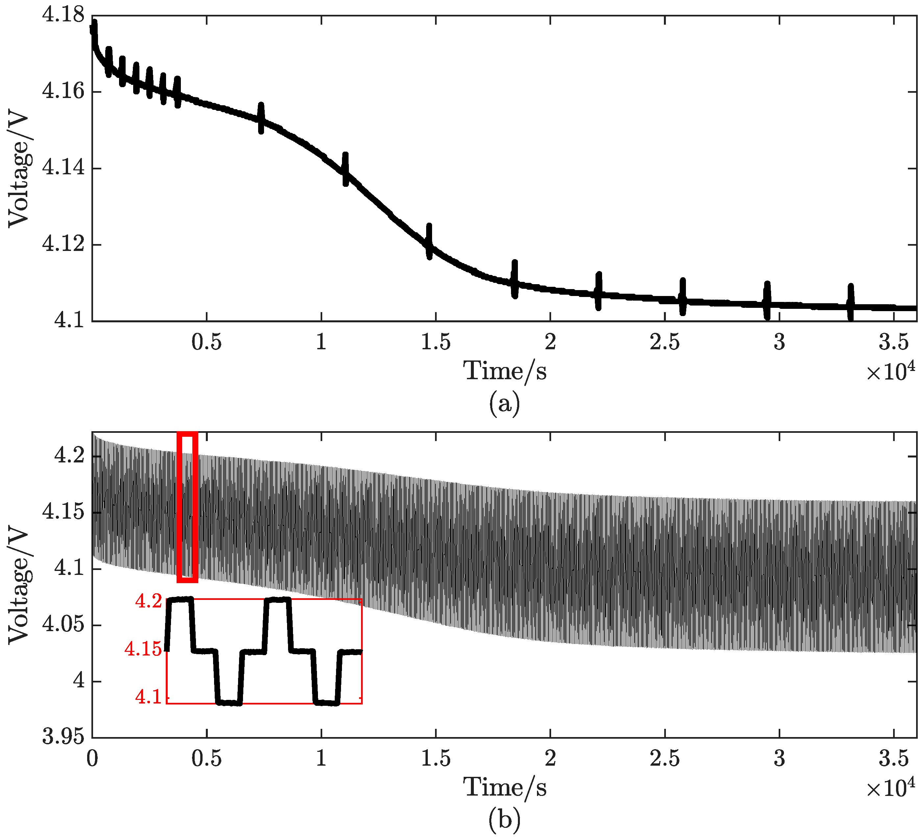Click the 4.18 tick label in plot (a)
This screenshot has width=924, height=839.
tap(63, 15)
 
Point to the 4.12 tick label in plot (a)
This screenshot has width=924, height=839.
tap(63, 244)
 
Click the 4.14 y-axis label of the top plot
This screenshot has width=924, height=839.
tap(63, 168)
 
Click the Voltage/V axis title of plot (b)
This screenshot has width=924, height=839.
tap(18, 588)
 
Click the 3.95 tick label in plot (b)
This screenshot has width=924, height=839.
tap(63, 738)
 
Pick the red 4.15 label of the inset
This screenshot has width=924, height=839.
tap(143, 649)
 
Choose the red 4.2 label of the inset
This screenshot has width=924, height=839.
tap(149, 601)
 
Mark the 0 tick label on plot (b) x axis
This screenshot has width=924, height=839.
tap(92, 759)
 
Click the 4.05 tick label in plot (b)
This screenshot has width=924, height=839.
tap(63, 625)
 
